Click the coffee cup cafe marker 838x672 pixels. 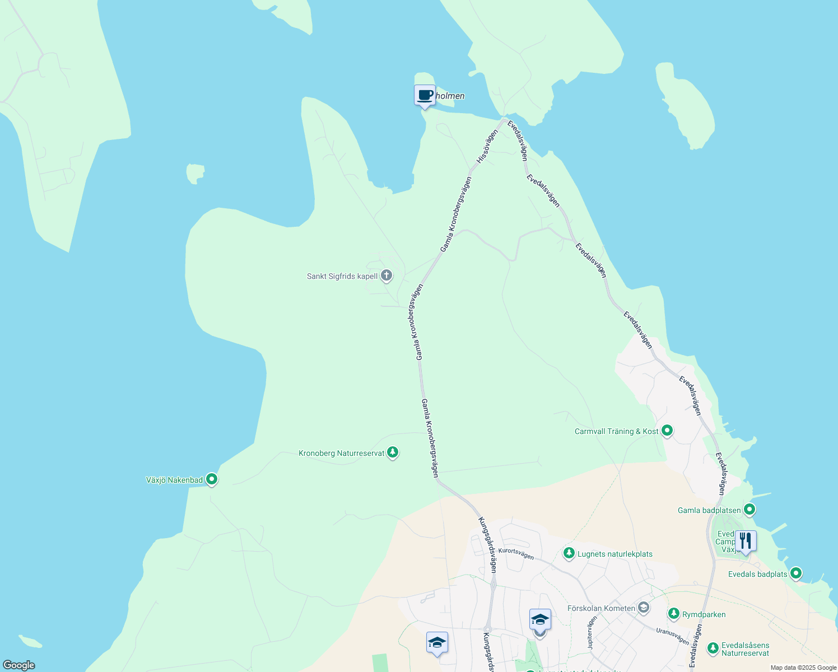(x=425, y=95)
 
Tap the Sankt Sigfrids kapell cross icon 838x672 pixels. (x=386, y=276)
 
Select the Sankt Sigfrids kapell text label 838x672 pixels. (x=342, y=277)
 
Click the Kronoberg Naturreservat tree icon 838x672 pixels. (x=393, y=452)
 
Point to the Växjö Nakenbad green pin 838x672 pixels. (x=212, y=479)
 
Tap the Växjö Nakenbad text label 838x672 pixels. (x=174, y=480)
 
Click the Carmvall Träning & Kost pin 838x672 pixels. (x=667, y=431)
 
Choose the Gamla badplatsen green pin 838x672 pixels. (x=749, y=510)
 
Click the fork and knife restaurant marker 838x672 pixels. (x=745, y=541)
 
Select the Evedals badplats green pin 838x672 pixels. (x=795, y=573)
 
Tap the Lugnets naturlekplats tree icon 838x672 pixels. (x=569, y=553)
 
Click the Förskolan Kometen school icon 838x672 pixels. (x=644, y=608)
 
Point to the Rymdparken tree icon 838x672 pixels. (x=674, y=614)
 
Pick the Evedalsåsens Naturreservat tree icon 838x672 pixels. (x=713, y=648)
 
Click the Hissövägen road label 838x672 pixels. (x=487, y=147)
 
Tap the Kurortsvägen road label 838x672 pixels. (x=516, y=554)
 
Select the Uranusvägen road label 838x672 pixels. (x=672, y=636)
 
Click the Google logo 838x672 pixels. (x=19, y=665)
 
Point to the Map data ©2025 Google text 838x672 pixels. (x=803, y=668)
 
